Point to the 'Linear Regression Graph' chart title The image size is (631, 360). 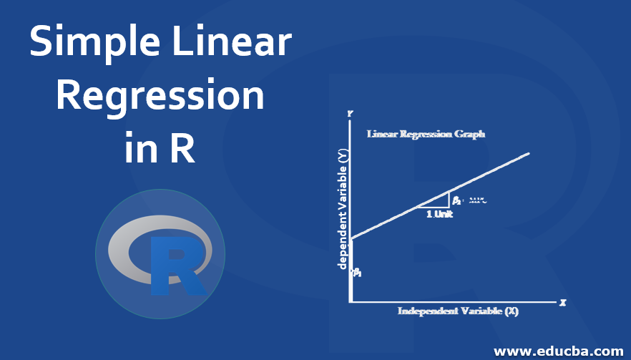tap(426, 134)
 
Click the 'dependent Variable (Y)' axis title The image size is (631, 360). tap(343, 208)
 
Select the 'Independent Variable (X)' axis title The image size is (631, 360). tap(458, 311)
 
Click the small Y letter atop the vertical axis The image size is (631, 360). tap(349, 114)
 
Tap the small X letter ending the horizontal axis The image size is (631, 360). tap(563, 303)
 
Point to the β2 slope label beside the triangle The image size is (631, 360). tap(456, 200)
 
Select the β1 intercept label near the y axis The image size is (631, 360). tap(356, 272)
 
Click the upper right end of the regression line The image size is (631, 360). tap(528, 153)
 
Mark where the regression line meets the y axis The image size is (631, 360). tap(350, 238)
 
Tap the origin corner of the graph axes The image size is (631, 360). tap(350, 302)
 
